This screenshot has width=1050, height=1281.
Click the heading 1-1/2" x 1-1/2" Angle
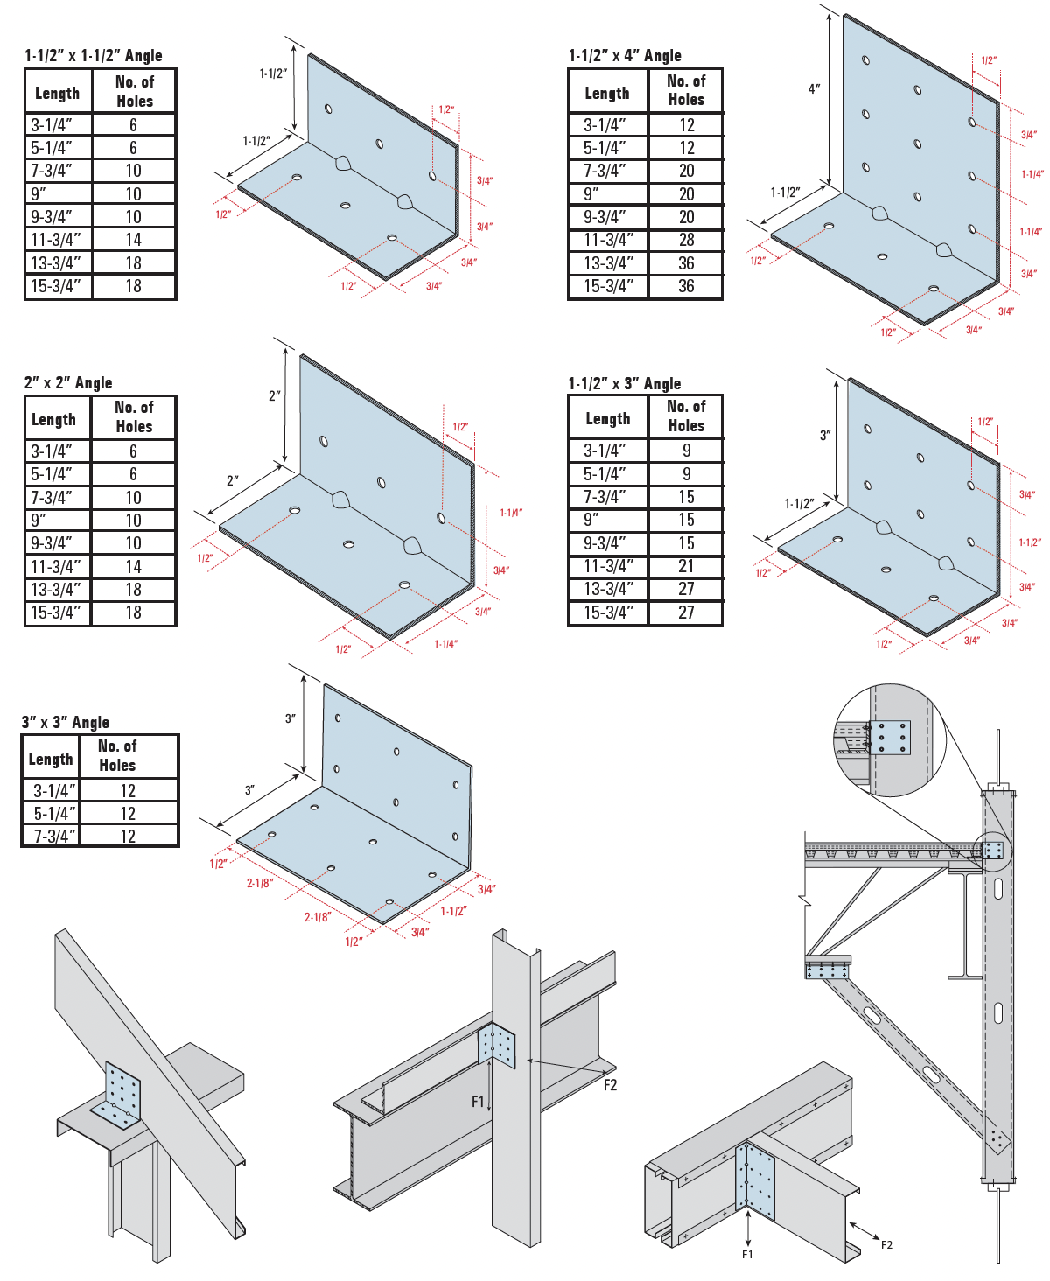pyautogui.click(x=94, y=56)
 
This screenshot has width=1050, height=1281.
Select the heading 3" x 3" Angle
pyautogui.click(x=66, y=722)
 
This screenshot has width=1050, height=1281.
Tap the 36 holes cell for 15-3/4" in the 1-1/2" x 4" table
pyautogui.click(x=686, y=286)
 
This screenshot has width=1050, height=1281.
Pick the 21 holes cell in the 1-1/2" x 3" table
pyautogui.click(x=686, y=566)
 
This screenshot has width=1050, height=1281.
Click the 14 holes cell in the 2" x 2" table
pyautogui.click(x=133, y=567)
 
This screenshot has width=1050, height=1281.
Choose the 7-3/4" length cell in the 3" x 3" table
pyautogui.click(x=52, y=836)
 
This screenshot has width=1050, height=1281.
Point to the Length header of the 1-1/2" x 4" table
pyautogui.click(x=606, y=93)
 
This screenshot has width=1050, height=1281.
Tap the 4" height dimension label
pyautogui.click(x=814, y=89)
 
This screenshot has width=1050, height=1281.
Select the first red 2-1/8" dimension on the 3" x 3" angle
pyautogui.click(x=259, y=883)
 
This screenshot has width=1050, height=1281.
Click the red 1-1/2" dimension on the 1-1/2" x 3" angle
pyautogui.click(x=1030, y=542)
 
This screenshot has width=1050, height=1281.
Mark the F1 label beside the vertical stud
pyautogui.click(x=478, y=1102)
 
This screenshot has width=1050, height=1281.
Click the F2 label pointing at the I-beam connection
pyautogui.click(x=610, y=1085)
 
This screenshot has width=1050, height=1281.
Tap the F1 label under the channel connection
pyautogui.click(x=747, y=1255)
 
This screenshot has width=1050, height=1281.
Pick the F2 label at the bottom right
pyautogui.click(x=886, y=1244)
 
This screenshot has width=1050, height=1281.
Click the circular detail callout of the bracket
pyautogui.click(x=890, y=740)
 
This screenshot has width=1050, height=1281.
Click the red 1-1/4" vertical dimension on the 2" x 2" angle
pyautogui.click(x=511, y=513)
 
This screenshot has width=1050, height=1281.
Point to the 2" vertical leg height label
pyautogui.click(x=274, y=396)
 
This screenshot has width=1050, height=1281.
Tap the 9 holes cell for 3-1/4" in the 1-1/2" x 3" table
pyautogui.click(x=686, y=451)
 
